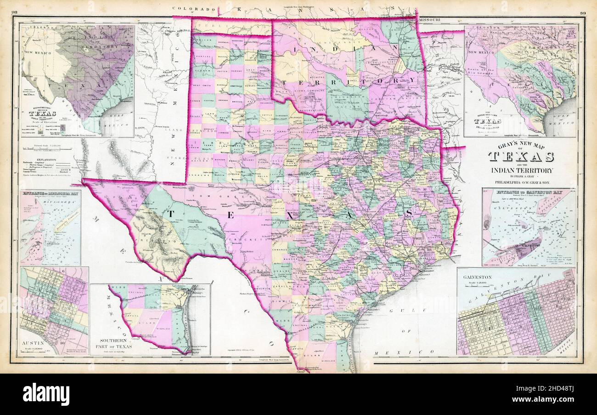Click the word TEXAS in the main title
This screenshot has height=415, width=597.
point(520,157)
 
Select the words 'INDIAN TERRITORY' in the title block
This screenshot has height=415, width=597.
point(520,170)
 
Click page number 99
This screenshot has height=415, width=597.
point(585,13)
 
